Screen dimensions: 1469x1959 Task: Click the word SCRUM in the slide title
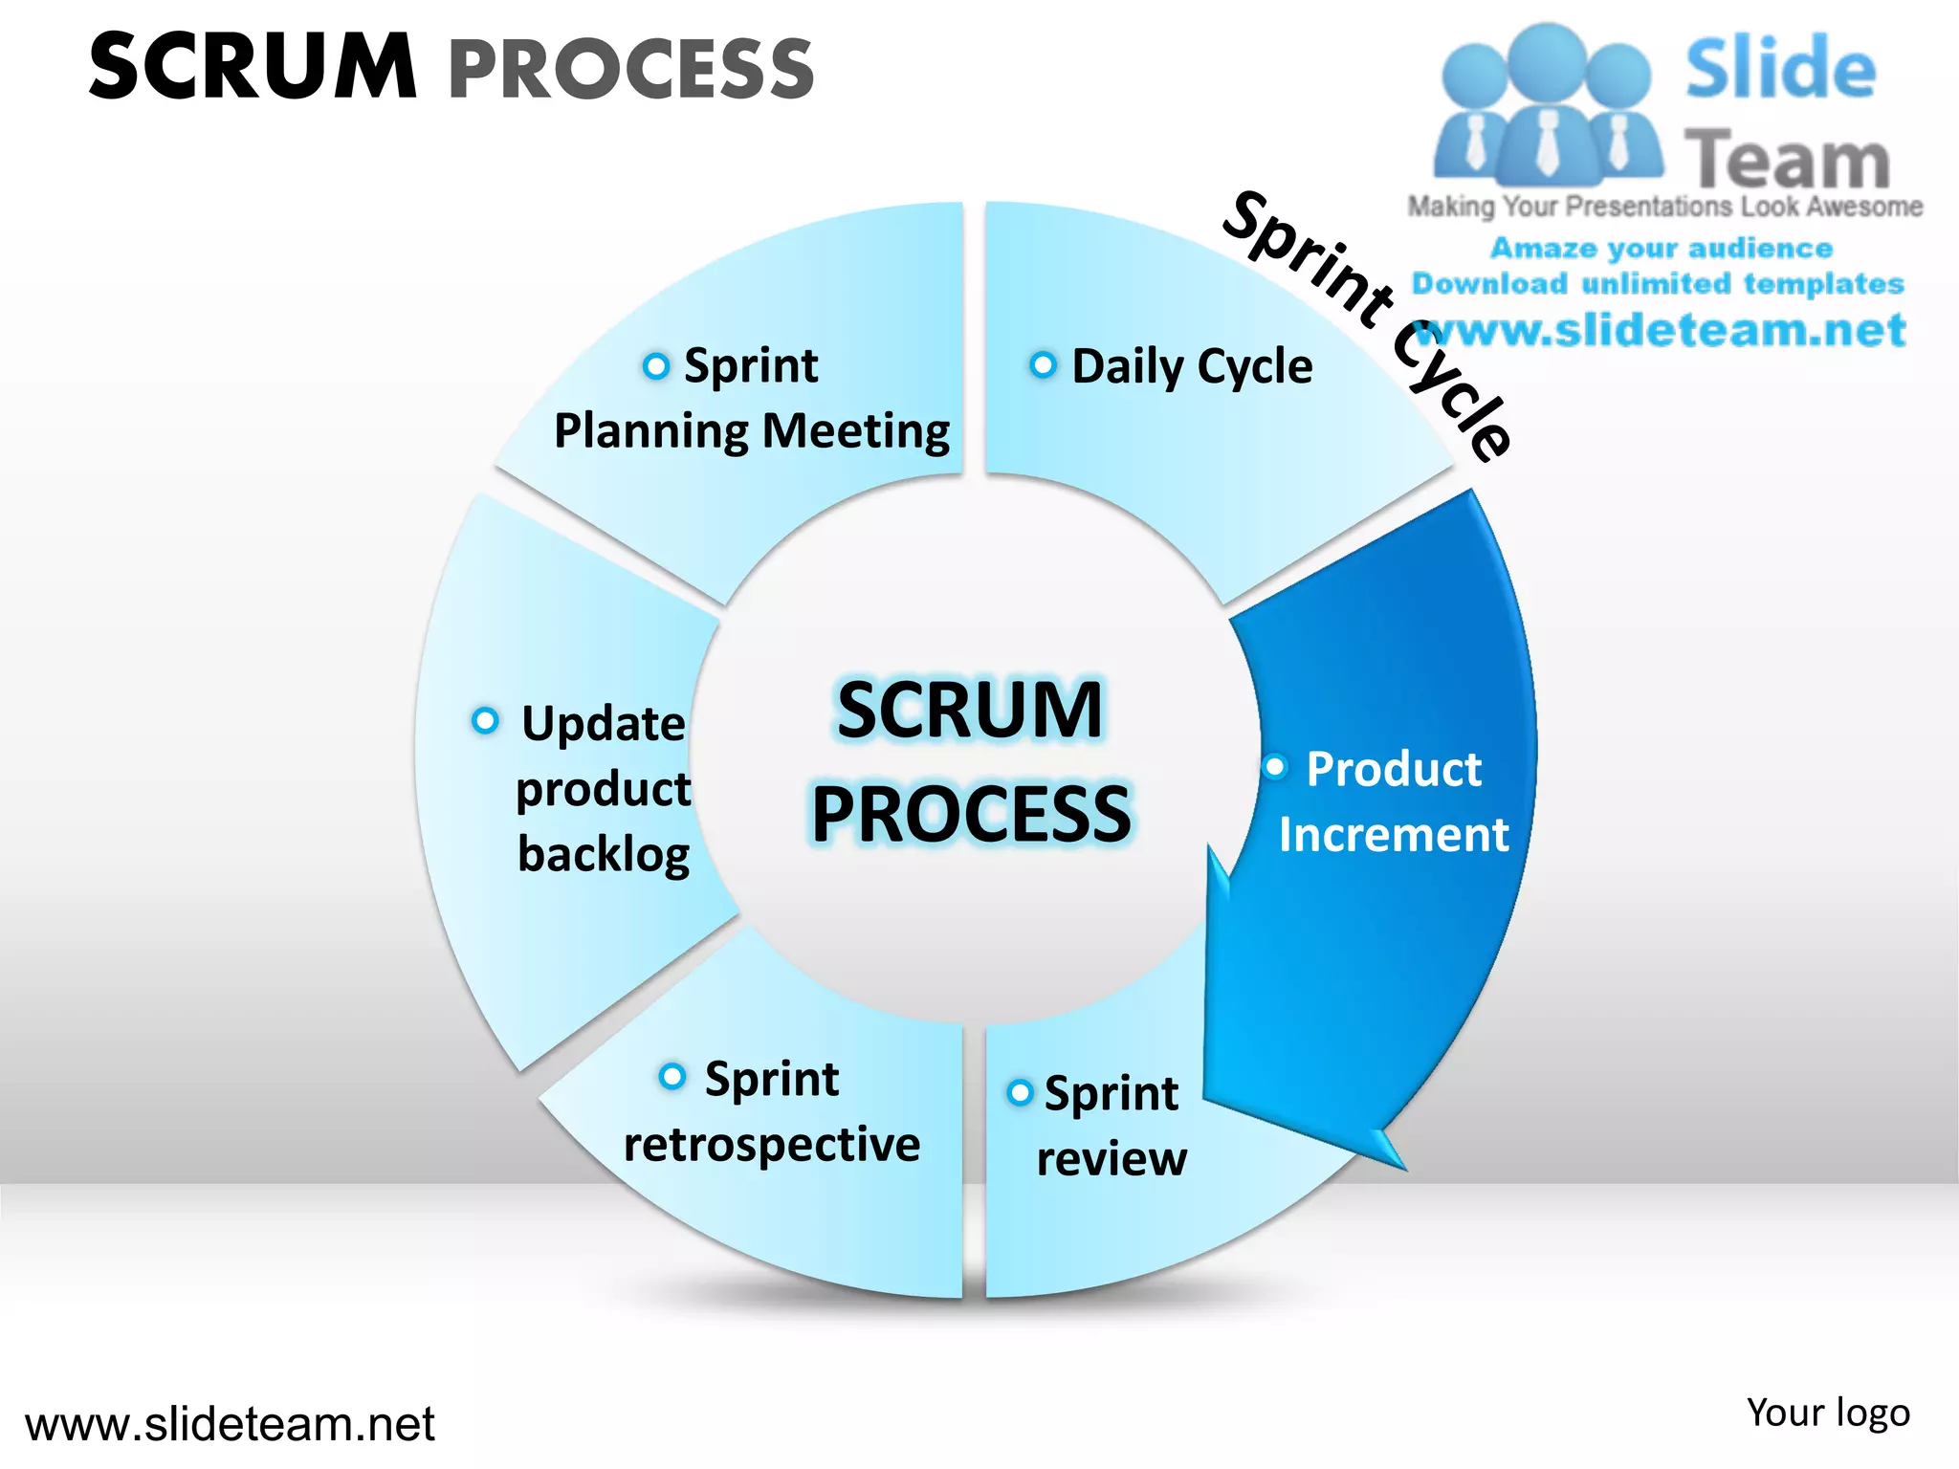pos(253,67)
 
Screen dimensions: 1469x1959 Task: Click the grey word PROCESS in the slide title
pos(631,69)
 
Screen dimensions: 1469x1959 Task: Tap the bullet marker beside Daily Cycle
pos(1043,364)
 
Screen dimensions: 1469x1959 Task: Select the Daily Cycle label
pos(1192,366)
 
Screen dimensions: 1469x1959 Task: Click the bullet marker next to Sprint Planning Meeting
pos(655,365)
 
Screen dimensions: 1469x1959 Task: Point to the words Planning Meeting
pos(752,430)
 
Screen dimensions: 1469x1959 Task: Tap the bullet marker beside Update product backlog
pos(485,720)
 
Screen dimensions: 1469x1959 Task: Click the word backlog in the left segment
pos(604,854)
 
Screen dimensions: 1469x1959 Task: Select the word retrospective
pos(771,1144)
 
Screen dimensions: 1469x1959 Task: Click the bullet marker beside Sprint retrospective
pos(672,1076)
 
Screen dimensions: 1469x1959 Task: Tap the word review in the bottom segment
pos(1112,1158)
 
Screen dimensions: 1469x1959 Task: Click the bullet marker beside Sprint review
pos(1020,1092)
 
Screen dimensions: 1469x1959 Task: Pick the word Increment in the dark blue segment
pos(1394,834)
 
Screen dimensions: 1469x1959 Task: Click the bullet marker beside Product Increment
pos(1275,767)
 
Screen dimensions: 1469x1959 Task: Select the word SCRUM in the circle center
pos(970,710)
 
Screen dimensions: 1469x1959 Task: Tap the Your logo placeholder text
pos(1827,1413)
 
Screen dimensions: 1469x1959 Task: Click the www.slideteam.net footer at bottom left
pos(230,1424)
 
